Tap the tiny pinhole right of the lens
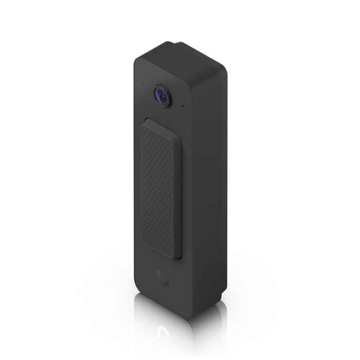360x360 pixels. (x=182, y=107)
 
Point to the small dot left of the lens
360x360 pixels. (x=143, y=84)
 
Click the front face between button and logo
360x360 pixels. (x=162, y=265)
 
